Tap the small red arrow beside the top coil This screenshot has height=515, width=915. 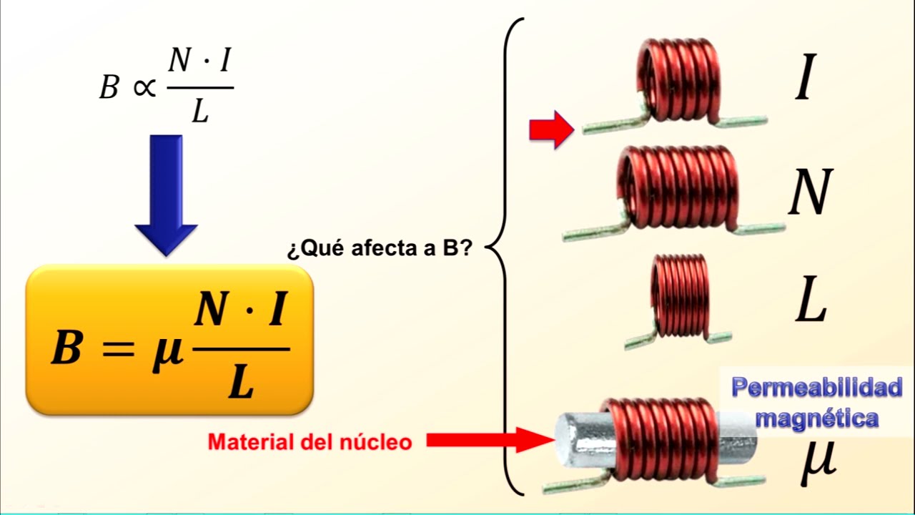pos(551,129)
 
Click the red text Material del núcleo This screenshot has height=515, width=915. pos(310,442)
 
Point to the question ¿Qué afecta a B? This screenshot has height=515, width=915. pos(378,250)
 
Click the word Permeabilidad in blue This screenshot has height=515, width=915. pos(816,388)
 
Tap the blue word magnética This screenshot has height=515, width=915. pos(816,417)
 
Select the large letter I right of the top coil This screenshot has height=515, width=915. pos(804,81)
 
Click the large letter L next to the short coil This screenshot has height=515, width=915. pos(811,303)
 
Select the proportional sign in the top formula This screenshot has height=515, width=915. pos(143,87)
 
